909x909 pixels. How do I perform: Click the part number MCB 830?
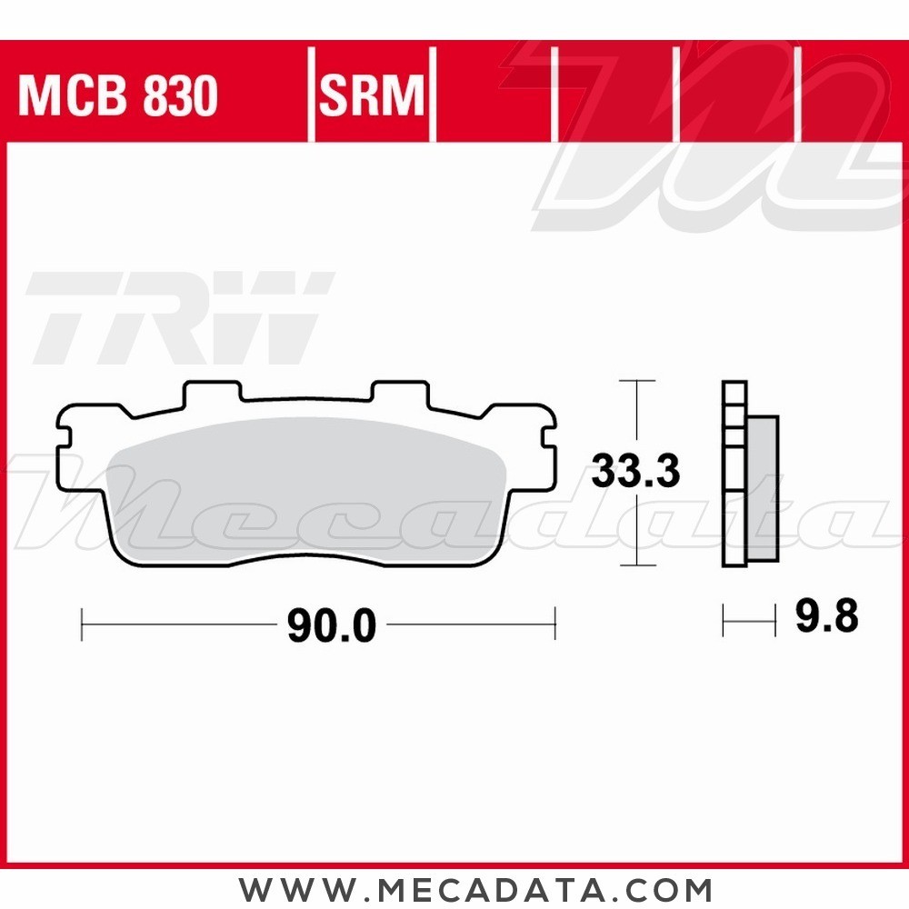pyautogui.click(x=118, y=95)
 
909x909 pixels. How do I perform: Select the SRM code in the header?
pyautogui.click(x=372, y=95)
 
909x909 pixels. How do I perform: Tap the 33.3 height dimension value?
pyautogui.click(x=635, y=472)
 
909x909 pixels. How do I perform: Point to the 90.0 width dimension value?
pyautogui.click(x=331, y=625)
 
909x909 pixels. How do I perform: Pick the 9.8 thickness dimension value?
pyautogui.click(x=825, y=618)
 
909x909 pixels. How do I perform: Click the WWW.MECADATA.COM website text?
pyautogui.click(x=475, y=888)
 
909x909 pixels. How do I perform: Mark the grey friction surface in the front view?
pyautogui.click(x=309, y=491)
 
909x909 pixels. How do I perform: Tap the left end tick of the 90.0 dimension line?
pyautogui.click(x=82, y=624)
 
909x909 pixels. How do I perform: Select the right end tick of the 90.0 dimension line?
pyautogui.click(x=554, y=624)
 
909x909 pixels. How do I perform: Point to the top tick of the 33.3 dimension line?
pyautogui.click(x=636, y=381)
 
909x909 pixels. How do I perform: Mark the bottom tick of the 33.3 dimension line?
pyautogui.click(x=636, y=566)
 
